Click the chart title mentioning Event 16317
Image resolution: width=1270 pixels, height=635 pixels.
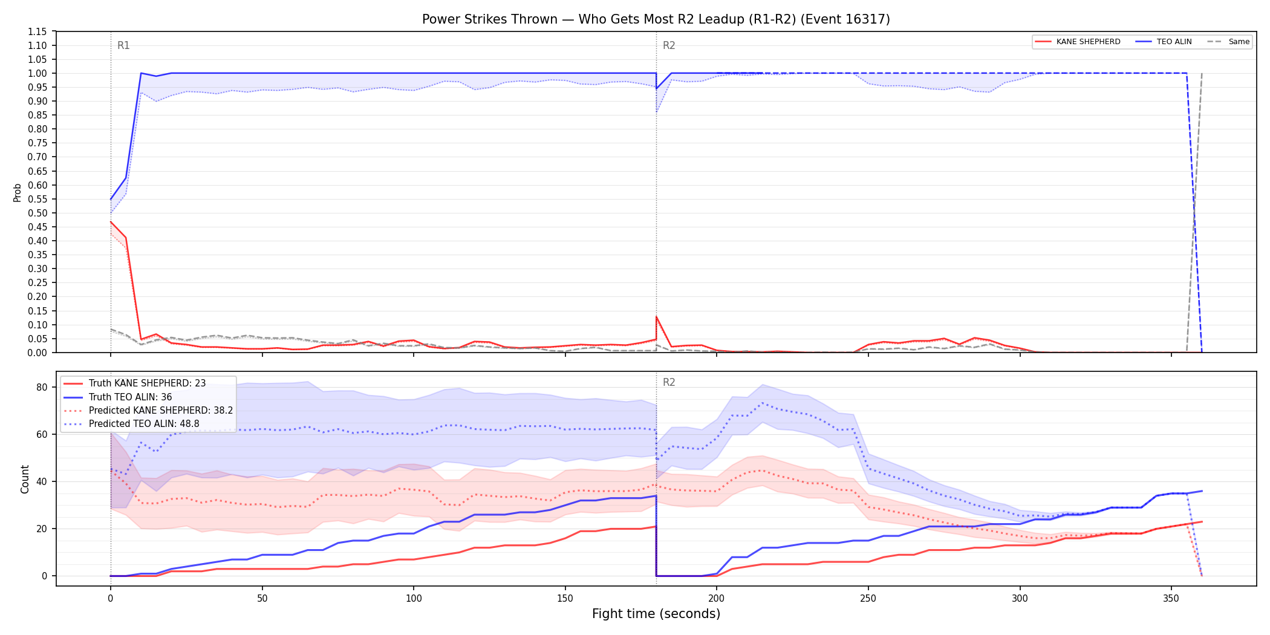pos(656,19)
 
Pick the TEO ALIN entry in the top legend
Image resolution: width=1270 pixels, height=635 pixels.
pos(1164,42)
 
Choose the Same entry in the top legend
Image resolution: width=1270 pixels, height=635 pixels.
pos(1228,42)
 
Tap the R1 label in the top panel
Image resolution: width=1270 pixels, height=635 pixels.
pos(123,45)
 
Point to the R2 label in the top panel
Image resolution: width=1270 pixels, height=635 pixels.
pos(669,45)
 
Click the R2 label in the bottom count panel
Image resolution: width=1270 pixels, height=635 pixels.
pos(669,382)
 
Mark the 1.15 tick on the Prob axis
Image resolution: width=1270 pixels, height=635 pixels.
pos(37,31)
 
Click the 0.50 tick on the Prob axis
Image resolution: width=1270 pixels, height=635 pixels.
pos(37,213)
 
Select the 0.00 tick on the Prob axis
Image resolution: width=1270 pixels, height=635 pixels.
pos(37,353)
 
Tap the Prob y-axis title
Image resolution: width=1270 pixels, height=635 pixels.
pos(18,192)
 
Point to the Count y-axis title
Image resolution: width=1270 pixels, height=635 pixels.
pos(25,479)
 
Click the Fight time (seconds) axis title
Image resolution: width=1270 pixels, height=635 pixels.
pos(656,614)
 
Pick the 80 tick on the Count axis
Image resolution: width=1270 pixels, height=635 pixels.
pos(42,387)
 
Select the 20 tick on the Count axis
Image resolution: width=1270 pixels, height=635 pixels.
pos(42,529)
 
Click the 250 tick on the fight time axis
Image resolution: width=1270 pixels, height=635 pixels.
pos(868,598)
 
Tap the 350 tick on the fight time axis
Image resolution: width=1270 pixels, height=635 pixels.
pos(1171,598)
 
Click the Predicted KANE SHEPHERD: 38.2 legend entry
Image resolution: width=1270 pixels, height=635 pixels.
pos(148,410)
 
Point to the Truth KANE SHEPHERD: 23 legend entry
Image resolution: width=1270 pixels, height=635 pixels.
pos(135,383)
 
